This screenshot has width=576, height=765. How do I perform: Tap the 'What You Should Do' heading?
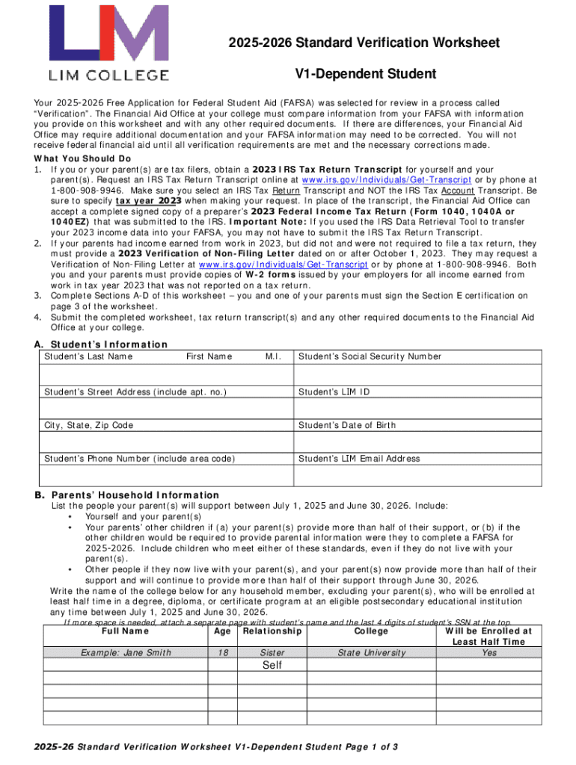tap(83, 159)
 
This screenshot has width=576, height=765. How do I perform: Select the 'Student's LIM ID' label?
tap(334, 392)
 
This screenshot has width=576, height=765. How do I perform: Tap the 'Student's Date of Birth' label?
tap(347, 425)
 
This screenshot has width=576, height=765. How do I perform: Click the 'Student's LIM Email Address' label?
tap(359, 459)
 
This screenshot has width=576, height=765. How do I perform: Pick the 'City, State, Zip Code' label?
tap(88, 425)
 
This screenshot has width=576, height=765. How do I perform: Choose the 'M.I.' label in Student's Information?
tap(273, 356)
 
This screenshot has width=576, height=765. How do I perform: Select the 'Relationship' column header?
tap(272, 631)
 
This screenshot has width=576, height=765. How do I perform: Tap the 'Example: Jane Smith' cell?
tap(123, 653)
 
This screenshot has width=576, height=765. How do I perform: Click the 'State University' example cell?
tap(372, 653)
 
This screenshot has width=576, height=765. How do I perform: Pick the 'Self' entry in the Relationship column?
tap(272, 665)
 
